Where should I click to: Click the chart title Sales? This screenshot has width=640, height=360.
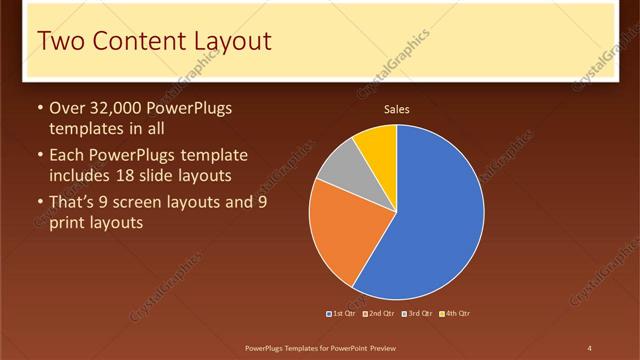click(x=397, y=110)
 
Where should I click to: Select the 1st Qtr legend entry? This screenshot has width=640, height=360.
click(x=343, y=313)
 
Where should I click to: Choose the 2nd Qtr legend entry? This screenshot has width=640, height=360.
click(x=381, y=313)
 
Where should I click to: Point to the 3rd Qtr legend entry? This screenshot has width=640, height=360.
click(x=418, y=313)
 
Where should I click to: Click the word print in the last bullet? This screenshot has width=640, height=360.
click(x=67, y=222)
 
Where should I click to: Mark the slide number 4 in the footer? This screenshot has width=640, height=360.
click(x=590, y=347)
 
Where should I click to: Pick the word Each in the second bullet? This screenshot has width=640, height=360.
click(x=67, y=155)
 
